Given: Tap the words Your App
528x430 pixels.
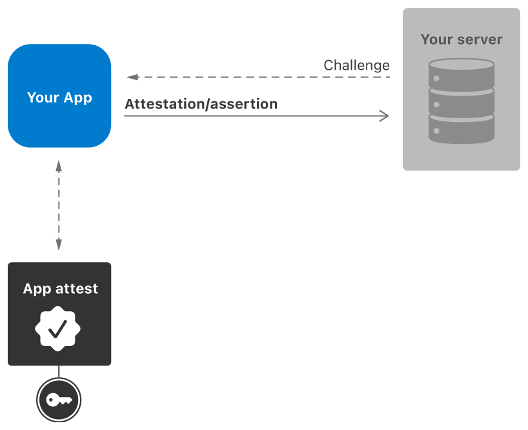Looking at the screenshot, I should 59,98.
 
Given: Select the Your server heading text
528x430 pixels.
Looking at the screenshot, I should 461,39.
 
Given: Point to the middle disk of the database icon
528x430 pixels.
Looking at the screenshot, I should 462,103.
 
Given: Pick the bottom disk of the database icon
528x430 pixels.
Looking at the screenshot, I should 462,130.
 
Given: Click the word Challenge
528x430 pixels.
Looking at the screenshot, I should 356,65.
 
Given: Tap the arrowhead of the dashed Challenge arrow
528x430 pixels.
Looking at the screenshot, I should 132,77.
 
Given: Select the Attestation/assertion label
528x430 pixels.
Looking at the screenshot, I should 201,104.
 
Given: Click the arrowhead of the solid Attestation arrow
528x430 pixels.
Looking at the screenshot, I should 385,116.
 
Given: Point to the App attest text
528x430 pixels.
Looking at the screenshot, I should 60,289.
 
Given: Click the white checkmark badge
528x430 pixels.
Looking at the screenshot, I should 58,329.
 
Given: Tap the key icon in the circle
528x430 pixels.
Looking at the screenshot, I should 59,400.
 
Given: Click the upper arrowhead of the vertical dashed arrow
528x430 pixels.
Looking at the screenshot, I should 59,165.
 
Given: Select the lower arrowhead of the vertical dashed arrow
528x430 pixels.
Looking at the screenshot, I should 59,245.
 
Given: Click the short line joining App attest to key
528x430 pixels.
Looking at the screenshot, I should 59,371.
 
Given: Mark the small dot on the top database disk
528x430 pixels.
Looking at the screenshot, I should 437,78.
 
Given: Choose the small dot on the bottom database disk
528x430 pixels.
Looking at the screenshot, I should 437,131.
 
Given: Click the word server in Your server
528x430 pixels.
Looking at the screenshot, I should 478,39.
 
